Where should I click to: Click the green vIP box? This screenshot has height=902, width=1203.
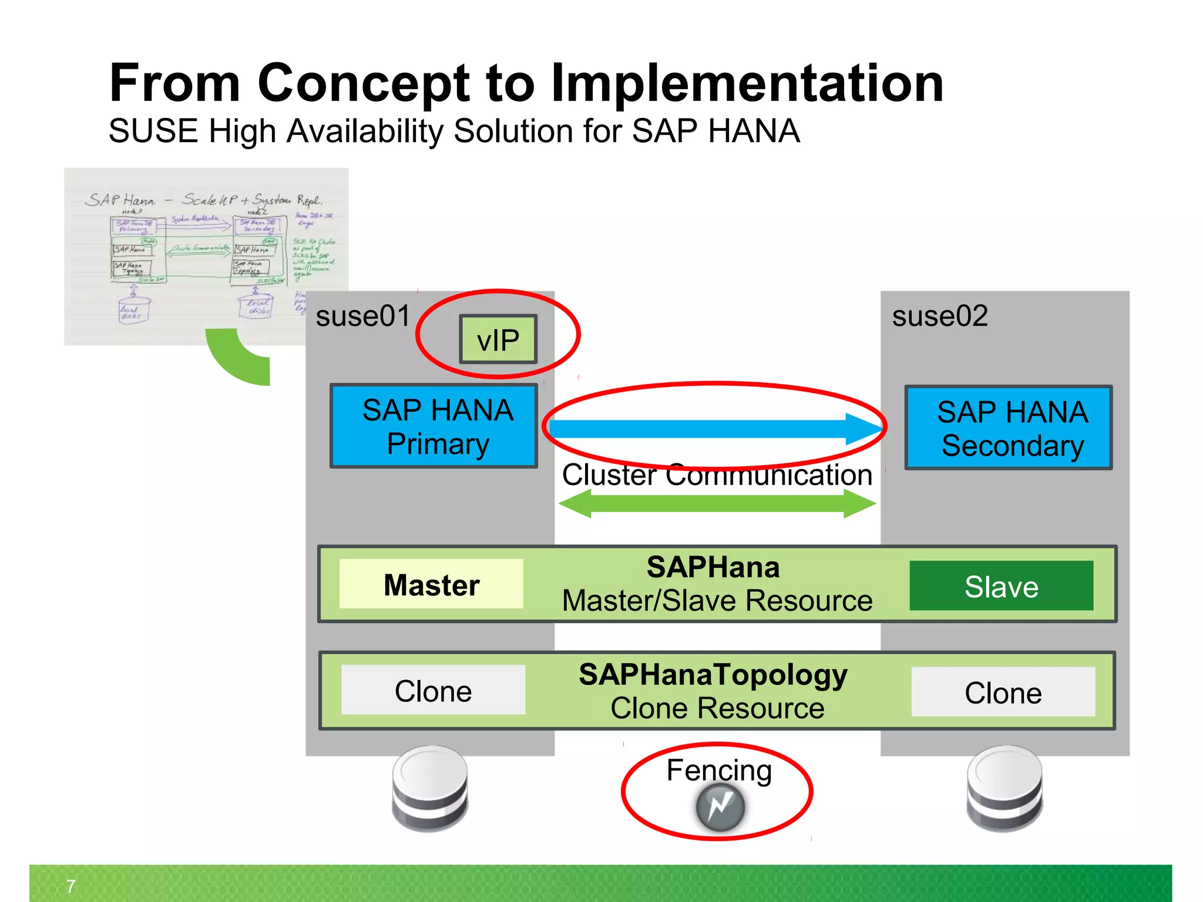[x=498, y=339]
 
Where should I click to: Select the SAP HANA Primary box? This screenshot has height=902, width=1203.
[x=434, y=426]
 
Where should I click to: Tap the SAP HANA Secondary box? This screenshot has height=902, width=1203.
[x=1009, y=428]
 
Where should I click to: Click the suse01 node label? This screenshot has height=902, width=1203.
[x=362, y=317]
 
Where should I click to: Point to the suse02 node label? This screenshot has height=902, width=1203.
[x=940, y=317]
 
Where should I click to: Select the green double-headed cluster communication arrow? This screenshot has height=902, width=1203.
[x=717, y=504]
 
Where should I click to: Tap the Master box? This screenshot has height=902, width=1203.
[x=431, y=584]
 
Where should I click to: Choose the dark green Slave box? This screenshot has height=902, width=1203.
[x=1001, y=586]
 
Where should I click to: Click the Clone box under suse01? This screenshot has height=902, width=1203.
[x=433, y=691]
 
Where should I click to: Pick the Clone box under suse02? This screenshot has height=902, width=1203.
[x=1003, y=692]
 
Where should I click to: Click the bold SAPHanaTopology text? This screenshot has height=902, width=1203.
[x=713, y=675]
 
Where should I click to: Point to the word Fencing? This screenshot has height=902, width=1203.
[x=718, y=770]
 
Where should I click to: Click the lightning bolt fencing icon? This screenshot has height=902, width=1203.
[x=720, y=807]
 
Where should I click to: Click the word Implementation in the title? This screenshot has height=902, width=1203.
[x=747, y=83]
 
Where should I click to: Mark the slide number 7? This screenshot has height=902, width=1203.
[x=70, y=886]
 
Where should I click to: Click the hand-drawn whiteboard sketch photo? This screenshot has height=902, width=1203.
[x=206, y=256]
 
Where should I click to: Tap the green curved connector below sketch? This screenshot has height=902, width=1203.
[x=238, y=361]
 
